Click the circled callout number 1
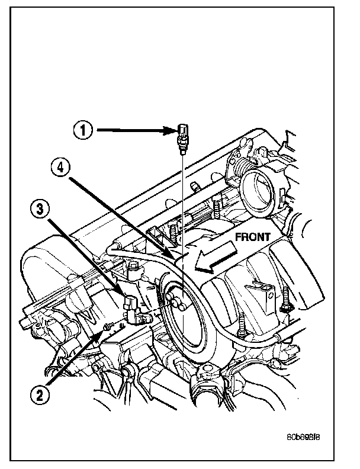(x=83, y=130)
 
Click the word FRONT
(x=253, y=236)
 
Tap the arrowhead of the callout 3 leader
(x=124, y=297)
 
